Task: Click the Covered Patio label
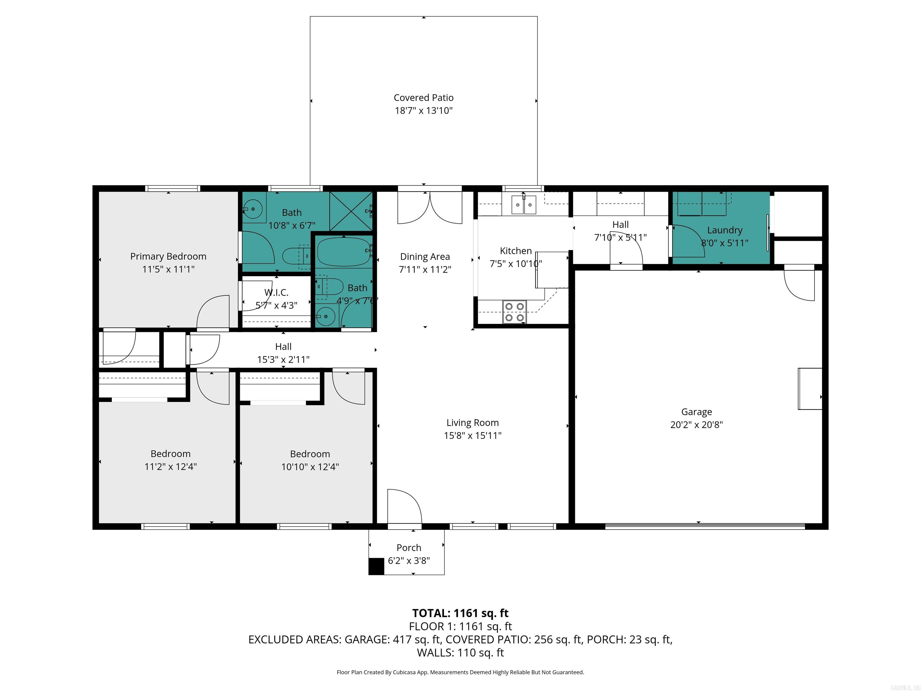423,97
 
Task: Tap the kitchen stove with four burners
514,312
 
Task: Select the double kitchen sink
524,205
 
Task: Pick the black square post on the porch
376,566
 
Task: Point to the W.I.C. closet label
276,292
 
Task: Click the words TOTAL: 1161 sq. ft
460,613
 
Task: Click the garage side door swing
799,286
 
